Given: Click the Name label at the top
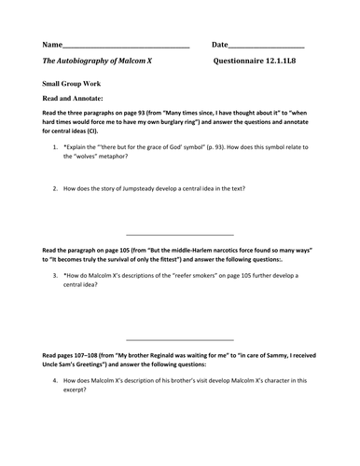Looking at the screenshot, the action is coord(51,45).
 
